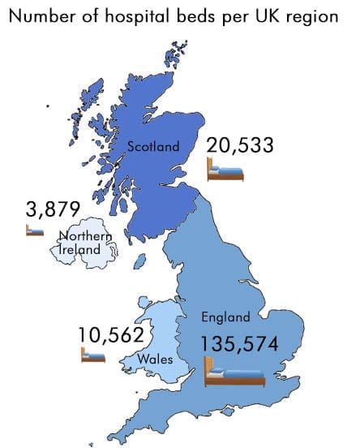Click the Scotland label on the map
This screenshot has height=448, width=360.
tap(152, 147)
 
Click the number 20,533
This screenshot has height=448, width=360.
tap(240, 145)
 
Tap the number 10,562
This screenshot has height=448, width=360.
tap(111, 334)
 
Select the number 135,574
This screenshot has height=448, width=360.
tap(240, 344)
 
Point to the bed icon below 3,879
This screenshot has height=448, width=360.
tap(34, 230)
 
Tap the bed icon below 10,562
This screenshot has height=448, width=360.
tap(93, 355)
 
